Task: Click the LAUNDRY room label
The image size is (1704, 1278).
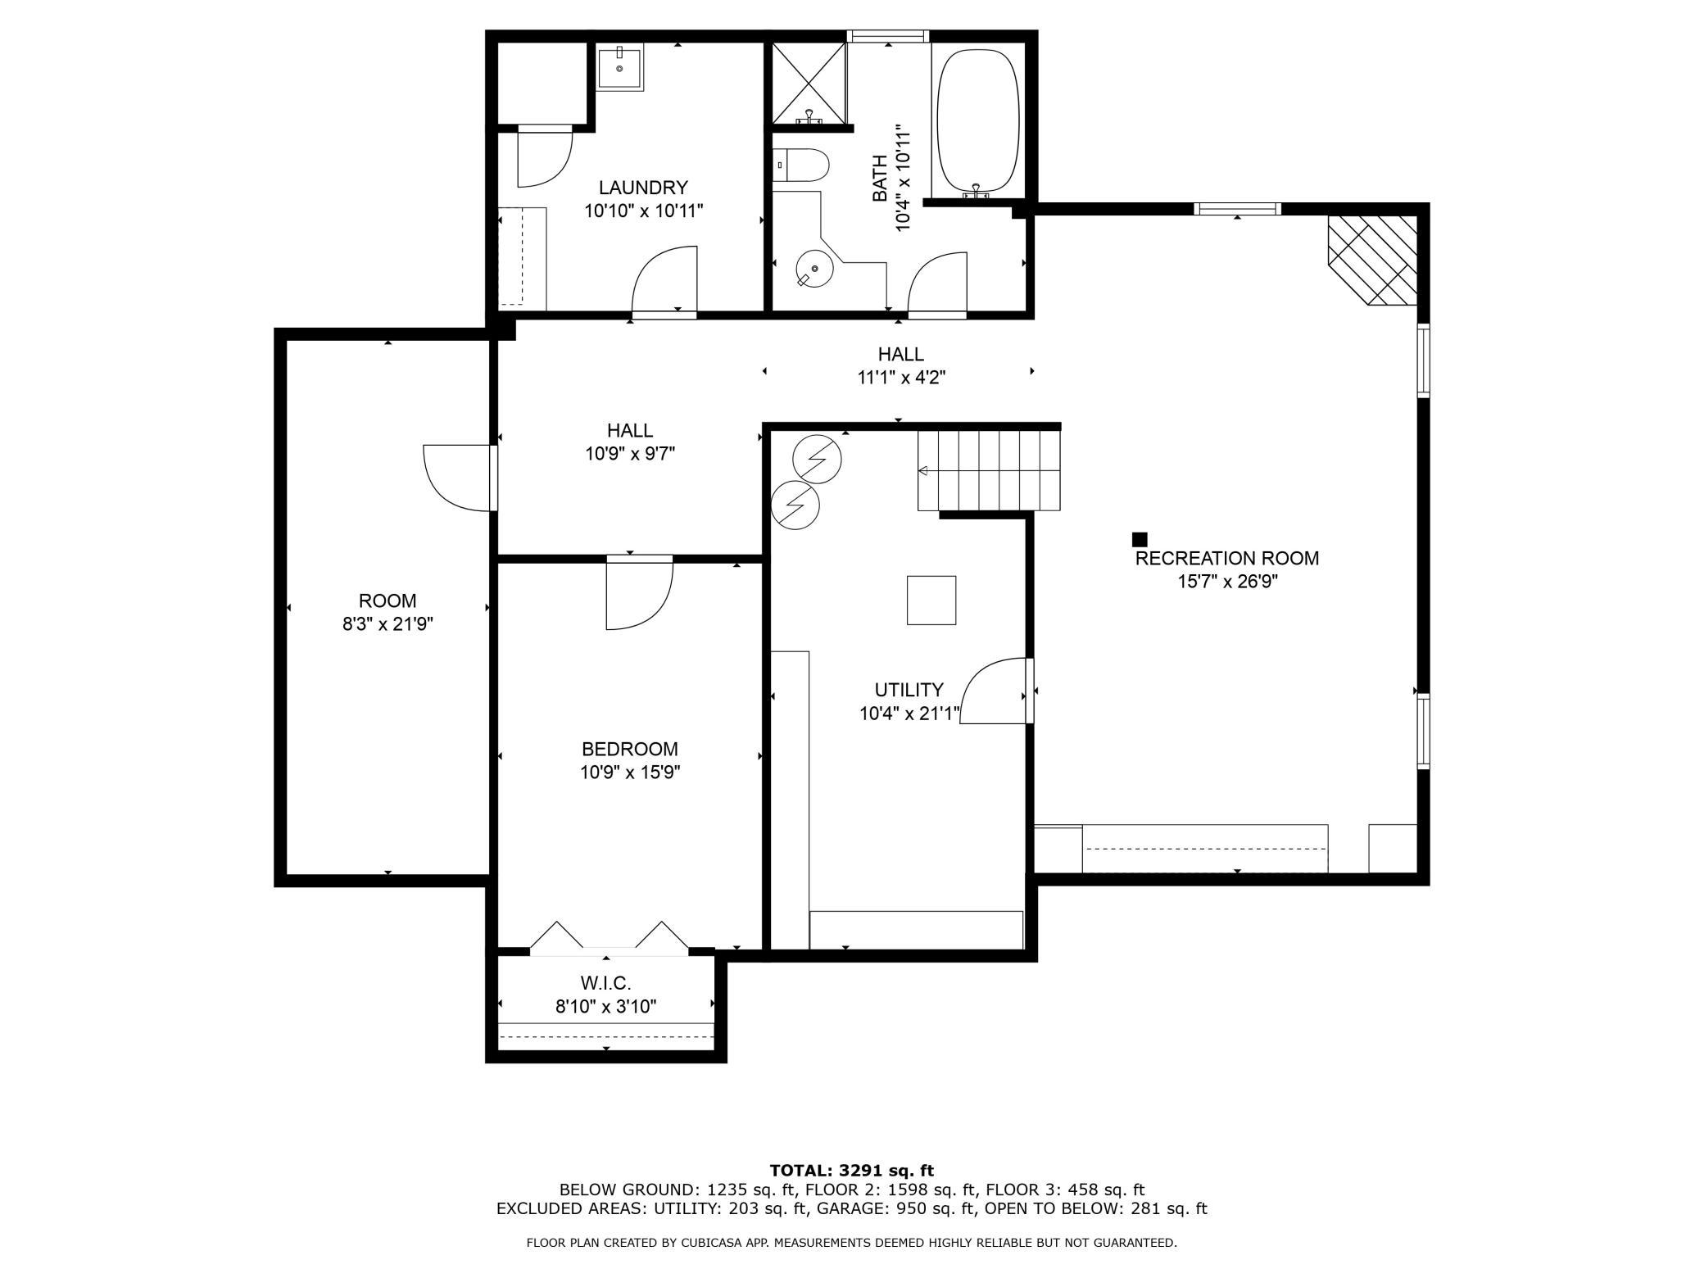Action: pyautogui.click(x=643, y=188)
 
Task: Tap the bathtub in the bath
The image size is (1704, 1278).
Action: pyautogui.click(x=978, y=125)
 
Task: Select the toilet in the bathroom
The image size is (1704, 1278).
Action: pyautogui.click(x=802, y=165)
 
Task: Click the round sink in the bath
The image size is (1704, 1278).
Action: pyautogui.click(x=814, y=270)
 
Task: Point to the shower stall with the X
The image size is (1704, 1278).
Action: pyautogui.click(x=809, y=84)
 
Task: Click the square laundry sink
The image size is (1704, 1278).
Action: pyautogui.click(x=619, y=68)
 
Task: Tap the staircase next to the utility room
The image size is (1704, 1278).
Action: pyautogui.click(x=989, y=471)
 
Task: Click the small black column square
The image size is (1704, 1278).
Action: pyautogui.click(x=1139, y=539)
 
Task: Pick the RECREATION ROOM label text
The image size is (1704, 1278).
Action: pyautogui.click(x=1226, y=559)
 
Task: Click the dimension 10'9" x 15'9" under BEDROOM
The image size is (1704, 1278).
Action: pyautogui.click(x=630, y=772)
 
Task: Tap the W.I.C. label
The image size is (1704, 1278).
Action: pyautogui.click(x=605, y=983)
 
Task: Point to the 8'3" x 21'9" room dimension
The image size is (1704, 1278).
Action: pyautogui.click(x=387, y=624)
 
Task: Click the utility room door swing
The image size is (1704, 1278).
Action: pyautogui.click(x=993, y=691)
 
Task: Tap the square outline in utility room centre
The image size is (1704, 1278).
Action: pyautogui.click(x=931, y=600)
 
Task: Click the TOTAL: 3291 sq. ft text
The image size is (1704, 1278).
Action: pyautogui.click(x=852, y=1171)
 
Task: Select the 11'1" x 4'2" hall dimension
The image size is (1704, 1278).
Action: pyautogui.click(x=901, y=378)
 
